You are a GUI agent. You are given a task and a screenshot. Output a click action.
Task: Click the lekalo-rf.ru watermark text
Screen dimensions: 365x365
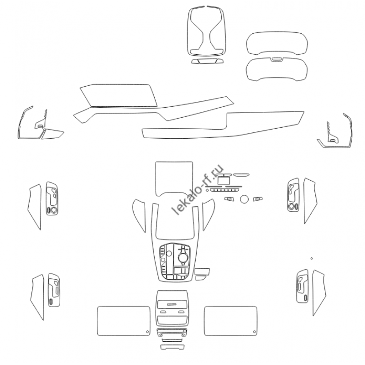[198, 189]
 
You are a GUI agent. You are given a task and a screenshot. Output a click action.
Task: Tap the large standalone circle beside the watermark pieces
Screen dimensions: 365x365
[244, 199]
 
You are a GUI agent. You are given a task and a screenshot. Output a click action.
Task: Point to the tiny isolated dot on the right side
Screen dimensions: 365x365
[312, 258]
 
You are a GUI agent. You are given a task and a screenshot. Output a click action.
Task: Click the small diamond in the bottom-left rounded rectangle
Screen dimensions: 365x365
[147, 332]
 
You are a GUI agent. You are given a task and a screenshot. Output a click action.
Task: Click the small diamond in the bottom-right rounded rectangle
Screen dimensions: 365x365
[255, 332]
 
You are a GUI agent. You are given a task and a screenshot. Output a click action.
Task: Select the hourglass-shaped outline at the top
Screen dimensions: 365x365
[206, 31]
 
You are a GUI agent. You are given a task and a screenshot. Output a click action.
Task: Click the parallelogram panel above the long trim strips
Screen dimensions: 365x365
[119, 95]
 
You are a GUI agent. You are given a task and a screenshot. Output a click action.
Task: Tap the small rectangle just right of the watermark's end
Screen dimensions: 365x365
[224, 180]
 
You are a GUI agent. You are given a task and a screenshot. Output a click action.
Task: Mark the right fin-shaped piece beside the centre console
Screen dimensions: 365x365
[208, 214]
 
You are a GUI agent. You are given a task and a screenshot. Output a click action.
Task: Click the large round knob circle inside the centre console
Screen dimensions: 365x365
[183, 257]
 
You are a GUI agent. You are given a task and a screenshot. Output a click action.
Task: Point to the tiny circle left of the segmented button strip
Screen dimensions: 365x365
[207, 190]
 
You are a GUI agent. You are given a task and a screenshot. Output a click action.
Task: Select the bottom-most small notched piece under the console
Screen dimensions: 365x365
[172, 347]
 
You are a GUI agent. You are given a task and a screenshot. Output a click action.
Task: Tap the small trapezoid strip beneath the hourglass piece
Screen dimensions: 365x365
[207, 61]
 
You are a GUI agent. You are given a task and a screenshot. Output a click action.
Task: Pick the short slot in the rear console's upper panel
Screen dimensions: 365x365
[172, 304]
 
